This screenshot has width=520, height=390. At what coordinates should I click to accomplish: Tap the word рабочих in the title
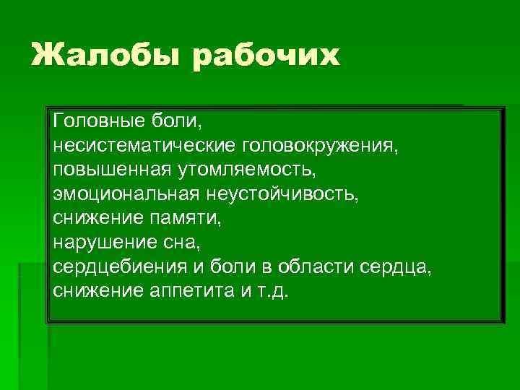pyautogui.click(x=266, y=56)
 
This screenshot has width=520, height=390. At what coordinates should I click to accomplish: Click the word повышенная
pyautogui.click(x=110, y=169)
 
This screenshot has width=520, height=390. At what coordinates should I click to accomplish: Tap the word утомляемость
pyautogui.click(x=246, y=169)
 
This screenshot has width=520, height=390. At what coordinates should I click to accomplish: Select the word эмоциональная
pyautogui.click(x=126, y=194)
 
